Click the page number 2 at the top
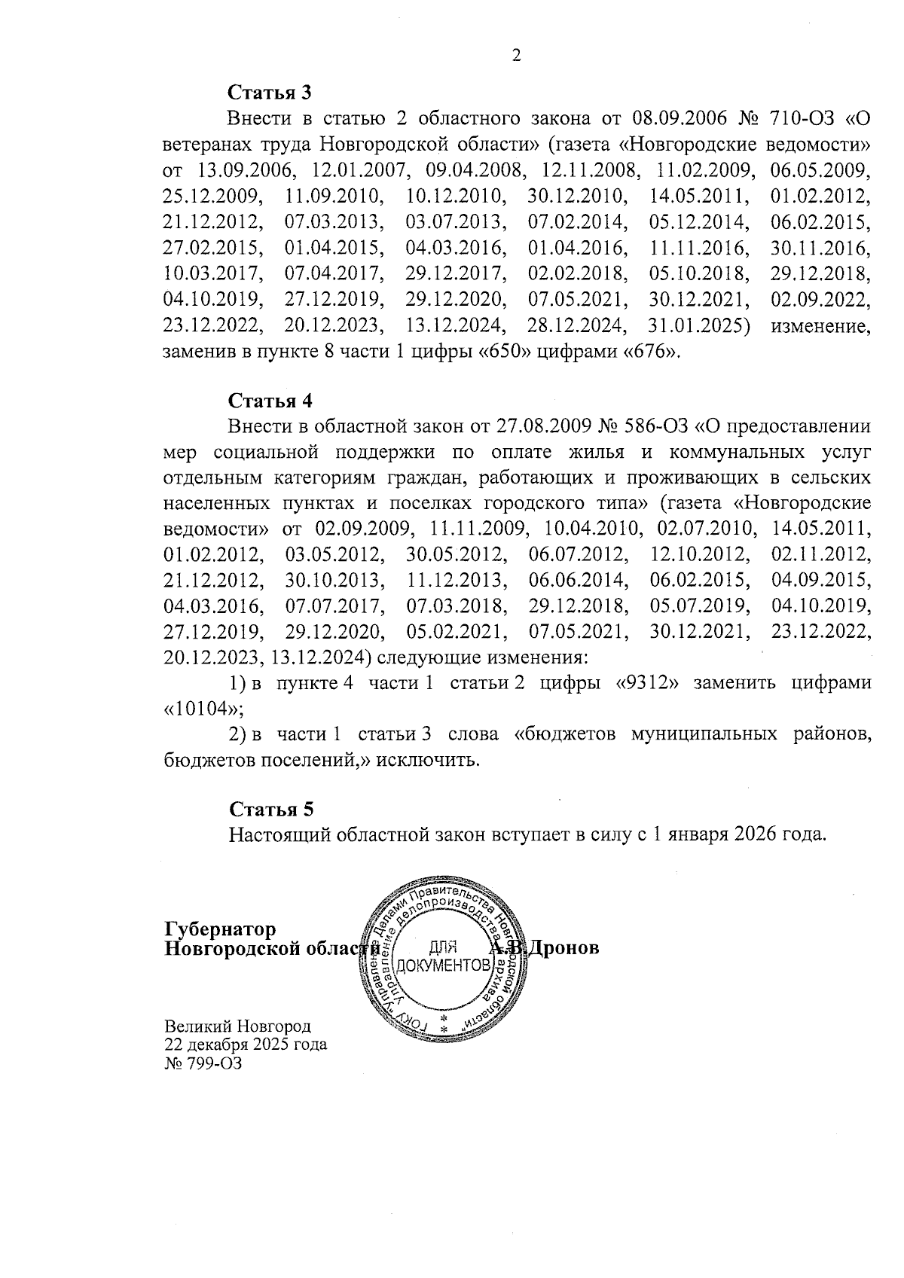click(x=516, y=56)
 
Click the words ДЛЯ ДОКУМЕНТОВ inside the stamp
click(x=443, y=956)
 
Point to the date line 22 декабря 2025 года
click(x=246, y=1045)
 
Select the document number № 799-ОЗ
click(x=203, y=1063)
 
